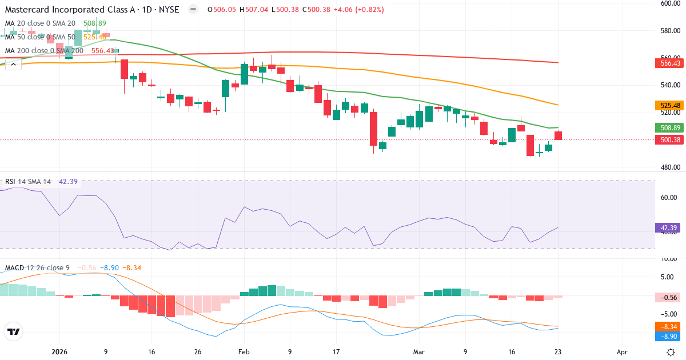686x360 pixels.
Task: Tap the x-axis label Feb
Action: pyautogui.click(x=244, y=353)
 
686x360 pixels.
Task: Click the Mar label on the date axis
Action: pyautogui.click(x=420, y=353)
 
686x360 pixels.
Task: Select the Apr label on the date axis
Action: pyautogui.click(x=622, y=353)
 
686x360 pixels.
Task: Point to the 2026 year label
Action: pyautogui.click(x=60, y=353)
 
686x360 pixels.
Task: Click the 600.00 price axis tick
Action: pyautogui.click(x=669, y=3)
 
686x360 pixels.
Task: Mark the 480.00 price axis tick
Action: pyautogui.click(x=669, y=167)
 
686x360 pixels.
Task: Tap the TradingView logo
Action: pyautogui.click(x=13, y=331)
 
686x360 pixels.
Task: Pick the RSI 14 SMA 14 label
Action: pyautogui.click(x=28, y=182)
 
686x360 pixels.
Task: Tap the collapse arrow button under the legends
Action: pyautogui.click(x=13, y=64)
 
